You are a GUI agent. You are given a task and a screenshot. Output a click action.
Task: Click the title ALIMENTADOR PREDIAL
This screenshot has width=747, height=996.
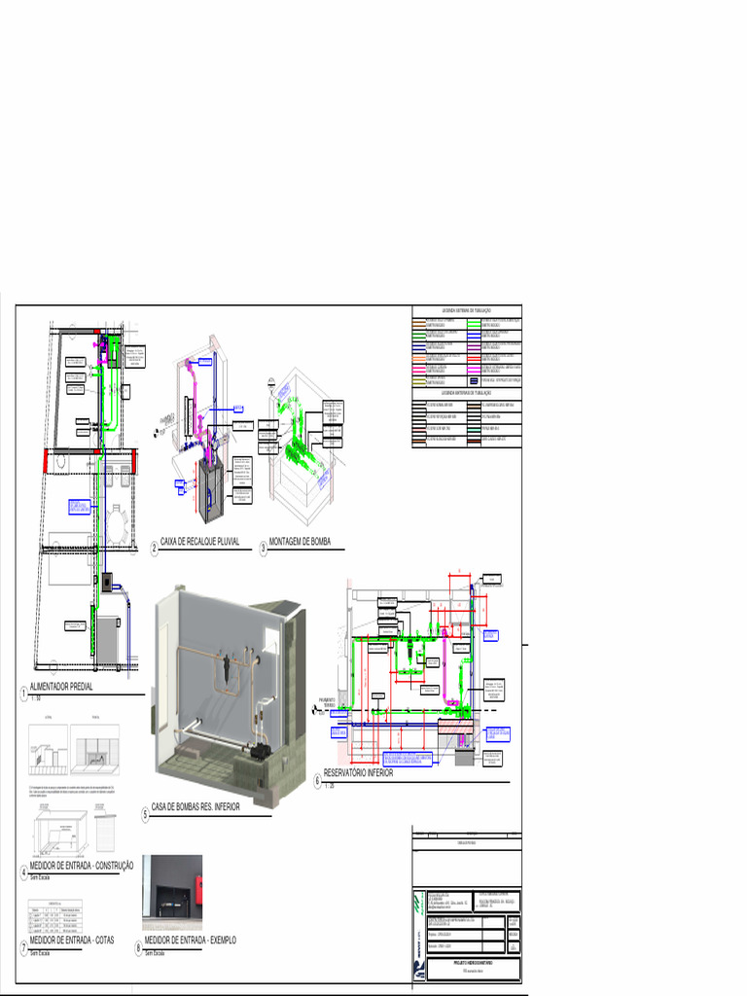(x=67, y=688)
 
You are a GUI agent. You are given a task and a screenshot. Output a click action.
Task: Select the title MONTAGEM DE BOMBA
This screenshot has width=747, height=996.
(x=301, y=542)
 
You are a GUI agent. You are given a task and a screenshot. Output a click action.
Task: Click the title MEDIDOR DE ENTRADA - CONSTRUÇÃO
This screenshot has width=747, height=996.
(x=82, y=867)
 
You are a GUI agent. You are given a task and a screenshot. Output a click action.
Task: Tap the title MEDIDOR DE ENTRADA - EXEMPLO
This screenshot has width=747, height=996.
(x=190, y=941)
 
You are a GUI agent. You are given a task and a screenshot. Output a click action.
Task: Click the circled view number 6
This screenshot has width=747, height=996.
(x=316, y=780)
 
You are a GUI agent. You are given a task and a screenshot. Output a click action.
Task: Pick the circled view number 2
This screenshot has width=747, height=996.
(x=154, y=549)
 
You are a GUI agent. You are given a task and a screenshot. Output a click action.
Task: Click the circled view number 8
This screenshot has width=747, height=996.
(x=138, y=947)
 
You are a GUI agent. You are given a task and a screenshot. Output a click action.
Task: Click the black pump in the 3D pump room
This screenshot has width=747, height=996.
(x=261, y=752)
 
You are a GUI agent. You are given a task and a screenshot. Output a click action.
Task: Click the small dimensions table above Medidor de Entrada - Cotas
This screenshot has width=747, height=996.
(x=59, y=915)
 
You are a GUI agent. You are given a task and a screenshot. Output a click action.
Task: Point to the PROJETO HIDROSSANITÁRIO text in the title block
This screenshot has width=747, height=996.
(x=476, y=963)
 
